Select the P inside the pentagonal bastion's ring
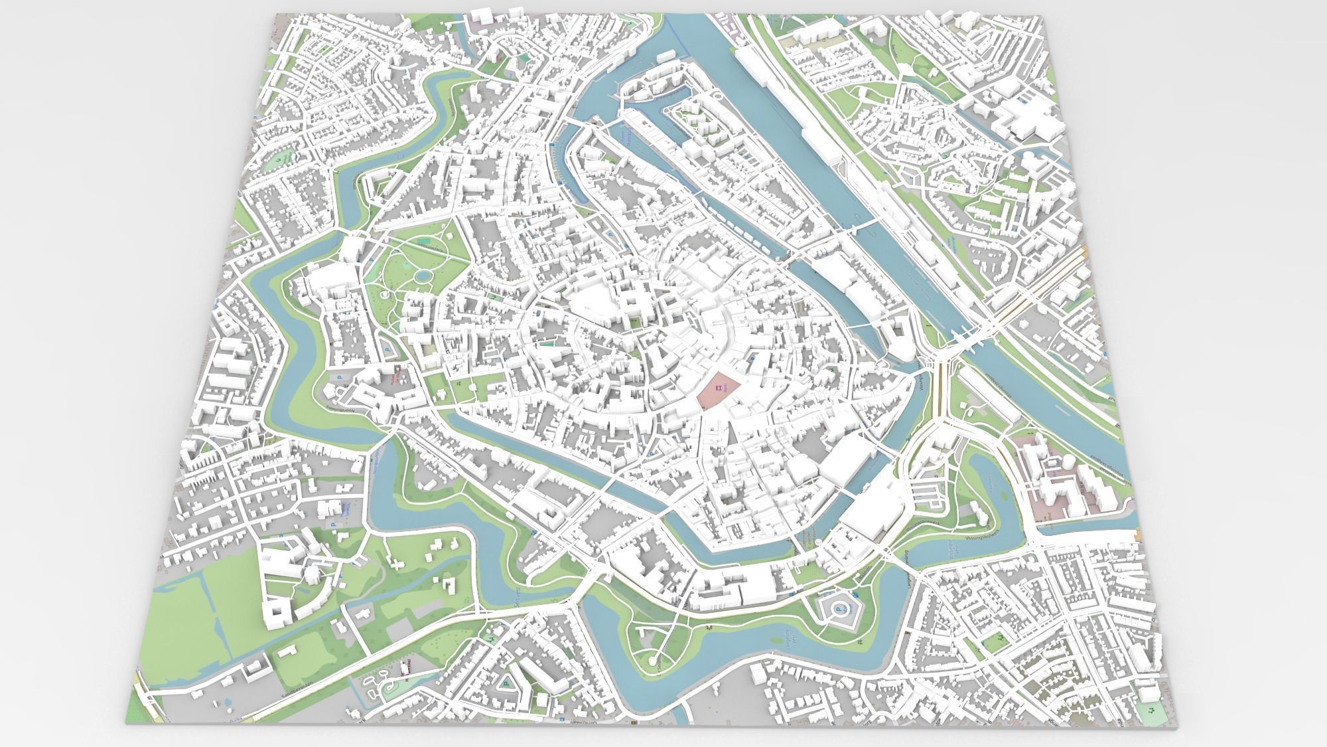[x=838, y=610]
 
